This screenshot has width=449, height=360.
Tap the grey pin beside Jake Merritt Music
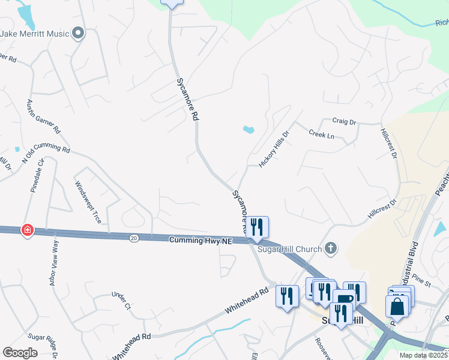point(78,34)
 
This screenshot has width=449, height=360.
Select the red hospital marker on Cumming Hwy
point(27,230)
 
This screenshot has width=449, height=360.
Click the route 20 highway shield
point(133,238)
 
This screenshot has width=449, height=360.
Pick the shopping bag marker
point(397,307)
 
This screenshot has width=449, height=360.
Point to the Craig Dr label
point(345,122)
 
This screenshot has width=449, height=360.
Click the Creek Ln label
point(321,134)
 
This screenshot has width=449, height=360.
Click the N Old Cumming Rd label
point(46,152)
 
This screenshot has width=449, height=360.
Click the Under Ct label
point(121,301)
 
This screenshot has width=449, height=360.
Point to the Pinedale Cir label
point(35,175)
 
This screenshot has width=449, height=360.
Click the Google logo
point(20,352)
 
